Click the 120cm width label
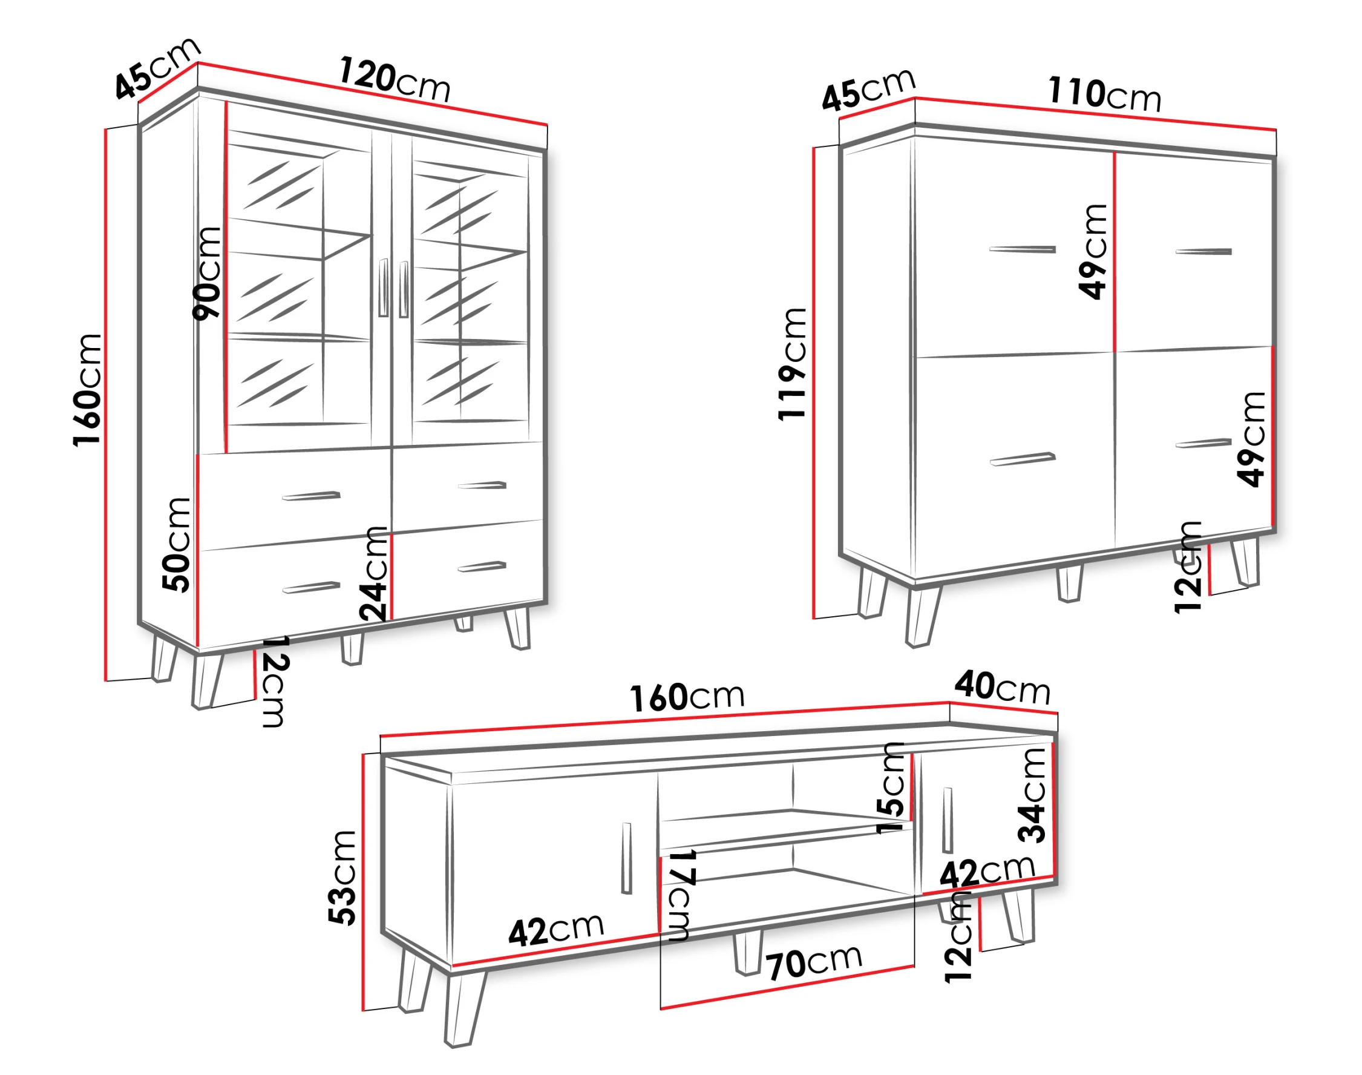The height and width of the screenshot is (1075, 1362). click(395, 80)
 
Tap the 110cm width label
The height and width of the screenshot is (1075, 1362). click(1104, 94)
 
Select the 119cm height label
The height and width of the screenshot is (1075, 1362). click(792, 364)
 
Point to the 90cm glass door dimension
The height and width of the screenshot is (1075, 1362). click(207, 274)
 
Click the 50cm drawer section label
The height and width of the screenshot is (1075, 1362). click(176, 544)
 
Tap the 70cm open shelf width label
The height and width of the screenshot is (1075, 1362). click(814, 962)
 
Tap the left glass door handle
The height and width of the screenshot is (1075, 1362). click(383, 287)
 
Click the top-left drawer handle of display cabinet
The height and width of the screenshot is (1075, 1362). click(312, 495)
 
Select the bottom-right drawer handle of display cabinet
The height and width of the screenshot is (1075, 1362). click(482, 567)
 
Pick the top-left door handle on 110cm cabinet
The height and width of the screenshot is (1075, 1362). click(1023, 249)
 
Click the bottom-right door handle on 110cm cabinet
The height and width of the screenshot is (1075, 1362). click(1203, 443)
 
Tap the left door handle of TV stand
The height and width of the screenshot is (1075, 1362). click(626, 858)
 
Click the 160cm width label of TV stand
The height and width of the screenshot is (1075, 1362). click(687, 697)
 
